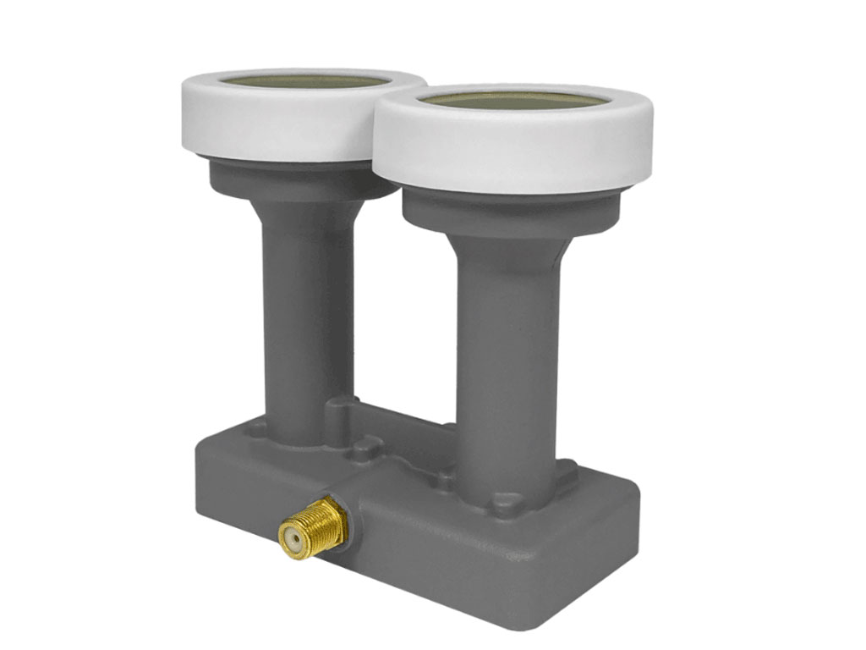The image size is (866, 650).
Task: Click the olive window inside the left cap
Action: pyautogui.click(x=304, y=81)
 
